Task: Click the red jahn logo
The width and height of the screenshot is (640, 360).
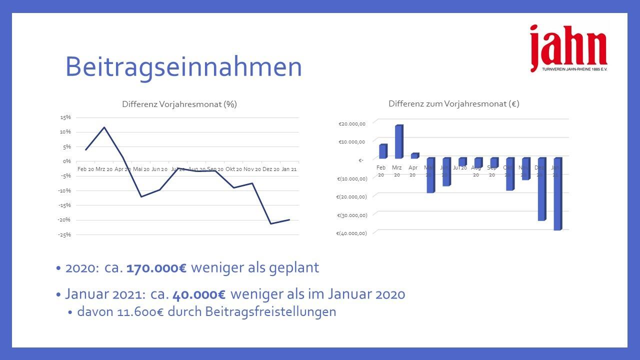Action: pos(568,47)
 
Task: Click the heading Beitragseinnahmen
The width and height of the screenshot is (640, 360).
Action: pos(183,67)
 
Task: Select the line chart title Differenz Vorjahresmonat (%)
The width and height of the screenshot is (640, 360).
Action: pos(179,104)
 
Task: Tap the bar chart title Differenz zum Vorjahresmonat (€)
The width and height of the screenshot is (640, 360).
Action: pos(453,104)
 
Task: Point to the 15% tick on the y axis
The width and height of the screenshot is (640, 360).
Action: pos(65,117)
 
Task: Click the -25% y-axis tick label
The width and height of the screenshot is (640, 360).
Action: pos(65,234)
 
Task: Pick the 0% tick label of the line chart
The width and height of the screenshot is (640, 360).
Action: pos(66,161)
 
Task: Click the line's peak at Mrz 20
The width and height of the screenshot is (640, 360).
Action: pos(104,127)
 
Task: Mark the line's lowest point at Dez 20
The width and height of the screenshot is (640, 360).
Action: pos(270,223)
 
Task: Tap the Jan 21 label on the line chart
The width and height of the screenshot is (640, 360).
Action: pos(289,169)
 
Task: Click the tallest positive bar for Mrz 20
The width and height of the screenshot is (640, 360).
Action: pos(398,141)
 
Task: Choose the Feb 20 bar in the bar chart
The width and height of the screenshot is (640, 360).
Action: pos(382,151)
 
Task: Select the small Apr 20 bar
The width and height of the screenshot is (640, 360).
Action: pos(414,155)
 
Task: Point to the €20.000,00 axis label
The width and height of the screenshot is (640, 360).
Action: pos(352,124)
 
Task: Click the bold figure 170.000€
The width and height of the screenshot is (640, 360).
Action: pos(156,267)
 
